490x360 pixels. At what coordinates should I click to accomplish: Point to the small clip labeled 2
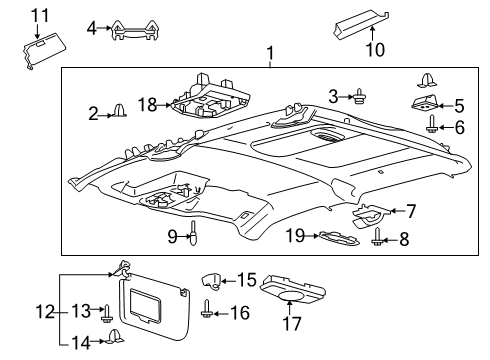[x=117, y=111]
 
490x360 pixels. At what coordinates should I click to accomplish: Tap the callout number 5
[x=459, y=104]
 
